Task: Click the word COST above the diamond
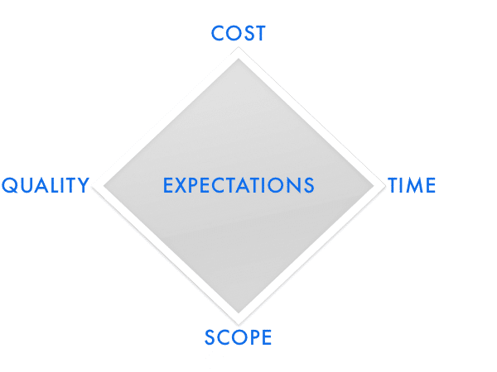click(x=239, y=33)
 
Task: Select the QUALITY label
click(x=46, y=185)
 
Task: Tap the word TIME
click(x=412, y=185)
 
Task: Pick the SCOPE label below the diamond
click(x=238, y=337)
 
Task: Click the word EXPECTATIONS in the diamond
click(x=239, y=185)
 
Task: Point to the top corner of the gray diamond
click(x=239, y=59)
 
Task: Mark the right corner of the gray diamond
click(x=374, y=186)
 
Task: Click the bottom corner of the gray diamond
click(x=239, y=313)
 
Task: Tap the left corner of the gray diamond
click(x=104, y=186)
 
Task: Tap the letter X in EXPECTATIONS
click(x=182, y=185)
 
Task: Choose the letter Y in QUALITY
click(x=83, y=185)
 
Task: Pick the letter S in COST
click(x=250, y=33)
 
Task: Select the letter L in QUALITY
click(x=56, y=185)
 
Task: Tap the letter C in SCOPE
click(x=223, y=337)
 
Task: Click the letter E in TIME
click(x=431, y=185)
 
